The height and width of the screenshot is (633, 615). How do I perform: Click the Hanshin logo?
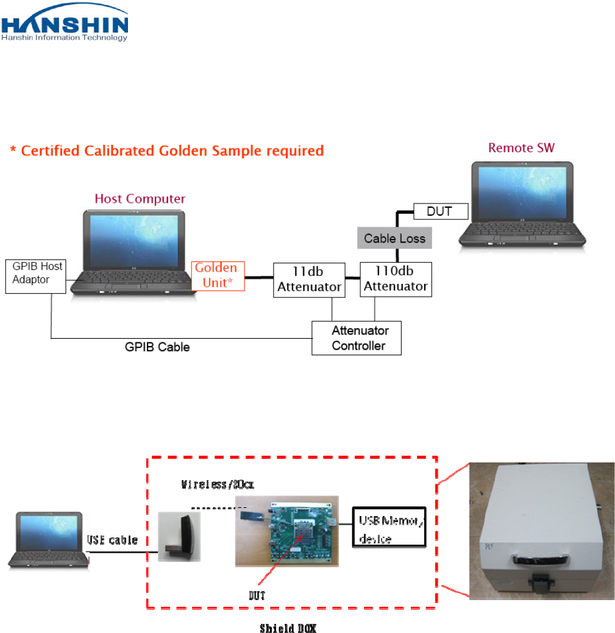tap(66, 23)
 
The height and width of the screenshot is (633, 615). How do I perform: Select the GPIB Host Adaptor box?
tap(37, 275)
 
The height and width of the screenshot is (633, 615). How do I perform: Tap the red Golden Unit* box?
tap(218, 276)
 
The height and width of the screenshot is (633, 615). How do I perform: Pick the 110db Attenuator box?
tap(396, 280)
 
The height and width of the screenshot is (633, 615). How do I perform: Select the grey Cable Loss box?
tap(394, 238)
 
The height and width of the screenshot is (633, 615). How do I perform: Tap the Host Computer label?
tap(140, 199)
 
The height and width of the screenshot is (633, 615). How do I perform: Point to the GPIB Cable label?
tap(157, 347)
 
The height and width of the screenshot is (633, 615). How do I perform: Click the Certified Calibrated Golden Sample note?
tap(166, 150)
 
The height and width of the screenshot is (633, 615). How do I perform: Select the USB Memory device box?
tap(389, 528)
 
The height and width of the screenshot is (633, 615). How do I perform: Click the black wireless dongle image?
tap(179, 534)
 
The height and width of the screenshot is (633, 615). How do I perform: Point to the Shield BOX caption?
tap(288, 628)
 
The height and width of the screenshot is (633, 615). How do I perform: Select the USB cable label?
tap(112, 540)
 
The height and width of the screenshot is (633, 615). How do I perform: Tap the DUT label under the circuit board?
tap(257, 596)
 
